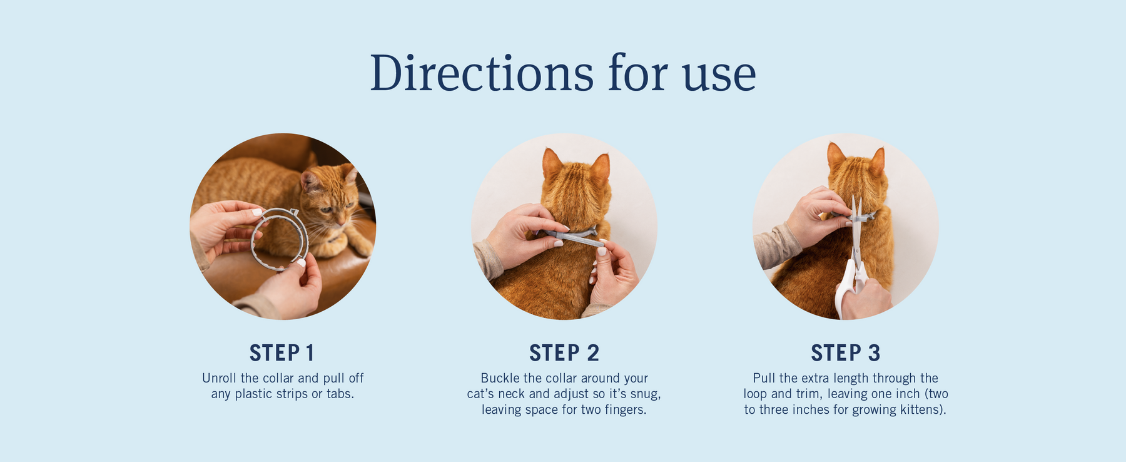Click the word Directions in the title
pyautogui.click(x=482, y=73)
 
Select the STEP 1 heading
pyautogui.click(x=281, y=353)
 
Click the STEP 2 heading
pyautogui.click(x=564, y=353)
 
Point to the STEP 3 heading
pyautogui.click(x=846, y=353)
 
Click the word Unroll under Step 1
pyautogui.click(x=220, y=378)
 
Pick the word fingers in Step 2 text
pyautogui.click(x=624, y=410)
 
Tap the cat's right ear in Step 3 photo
pyautogui.click(x=878, y=162)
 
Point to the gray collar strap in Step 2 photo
pyautogui.click(x=570, y=236)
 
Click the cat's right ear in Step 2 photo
pyautogui.click(x=601, y=168)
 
